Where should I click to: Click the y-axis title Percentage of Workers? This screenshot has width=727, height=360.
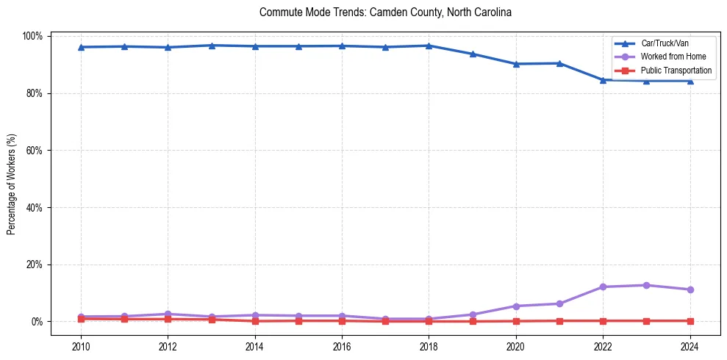coord(12,184)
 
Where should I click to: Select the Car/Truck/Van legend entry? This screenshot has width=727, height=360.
coord(665,43)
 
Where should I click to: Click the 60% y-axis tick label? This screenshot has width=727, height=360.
coord(35,151)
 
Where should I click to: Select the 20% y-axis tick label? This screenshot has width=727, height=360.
coord(35,264)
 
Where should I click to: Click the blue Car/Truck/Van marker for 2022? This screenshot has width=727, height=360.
coord(603,80)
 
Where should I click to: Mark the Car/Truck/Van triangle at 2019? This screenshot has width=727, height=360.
coord(473,54)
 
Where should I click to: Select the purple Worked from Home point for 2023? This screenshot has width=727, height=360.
coord(646,285)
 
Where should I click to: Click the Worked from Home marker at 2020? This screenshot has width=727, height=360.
coord(516,306)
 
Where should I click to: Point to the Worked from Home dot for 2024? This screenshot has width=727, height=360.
coord(690,289)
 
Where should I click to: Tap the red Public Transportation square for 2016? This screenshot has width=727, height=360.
coord(342,320)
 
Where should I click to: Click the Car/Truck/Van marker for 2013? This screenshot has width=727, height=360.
coord(212,46)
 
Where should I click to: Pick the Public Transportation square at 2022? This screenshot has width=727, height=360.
coord(603,320)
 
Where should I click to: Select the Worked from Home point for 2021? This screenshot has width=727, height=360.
coord(559,303)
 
